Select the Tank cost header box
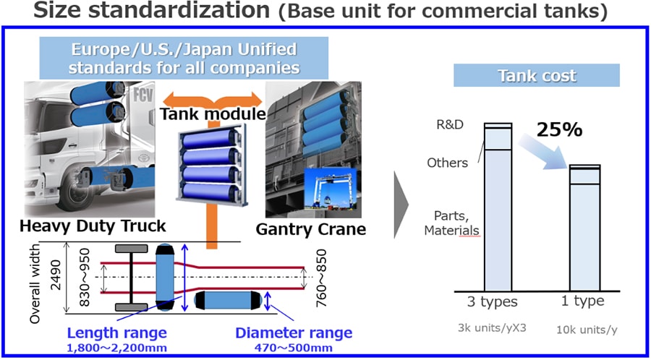(x=537, y=76)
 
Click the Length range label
(x=117, y=333)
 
